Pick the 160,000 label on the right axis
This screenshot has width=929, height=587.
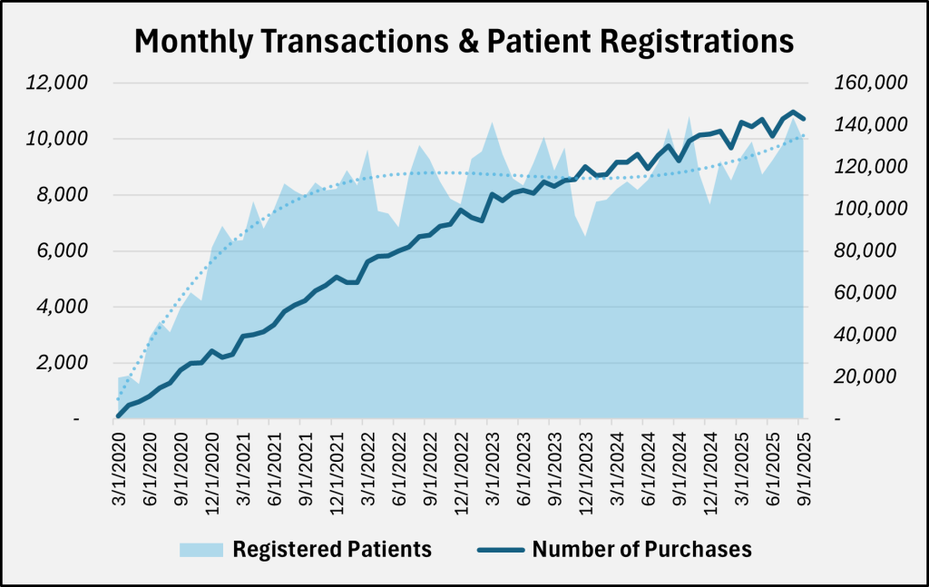pos(870,83)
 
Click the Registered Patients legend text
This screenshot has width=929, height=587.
pos(332,550)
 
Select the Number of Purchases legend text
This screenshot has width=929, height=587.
pos(642,550)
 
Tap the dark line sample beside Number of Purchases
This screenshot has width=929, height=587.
pos(498,550)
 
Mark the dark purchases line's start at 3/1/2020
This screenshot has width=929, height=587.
pos(119,416)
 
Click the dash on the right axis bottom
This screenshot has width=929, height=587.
pos(837,419)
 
